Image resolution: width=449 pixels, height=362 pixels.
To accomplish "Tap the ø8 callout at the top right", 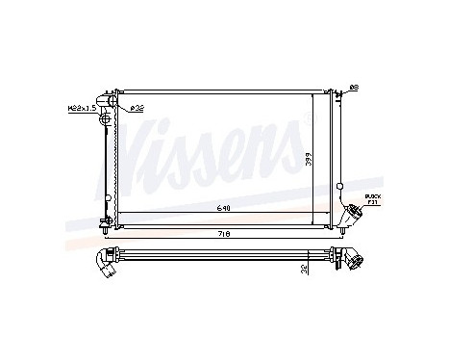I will click(x=353, y=88).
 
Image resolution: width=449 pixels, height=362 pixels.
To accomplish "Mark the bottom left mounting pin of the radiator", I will click(x=104, y=229).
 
